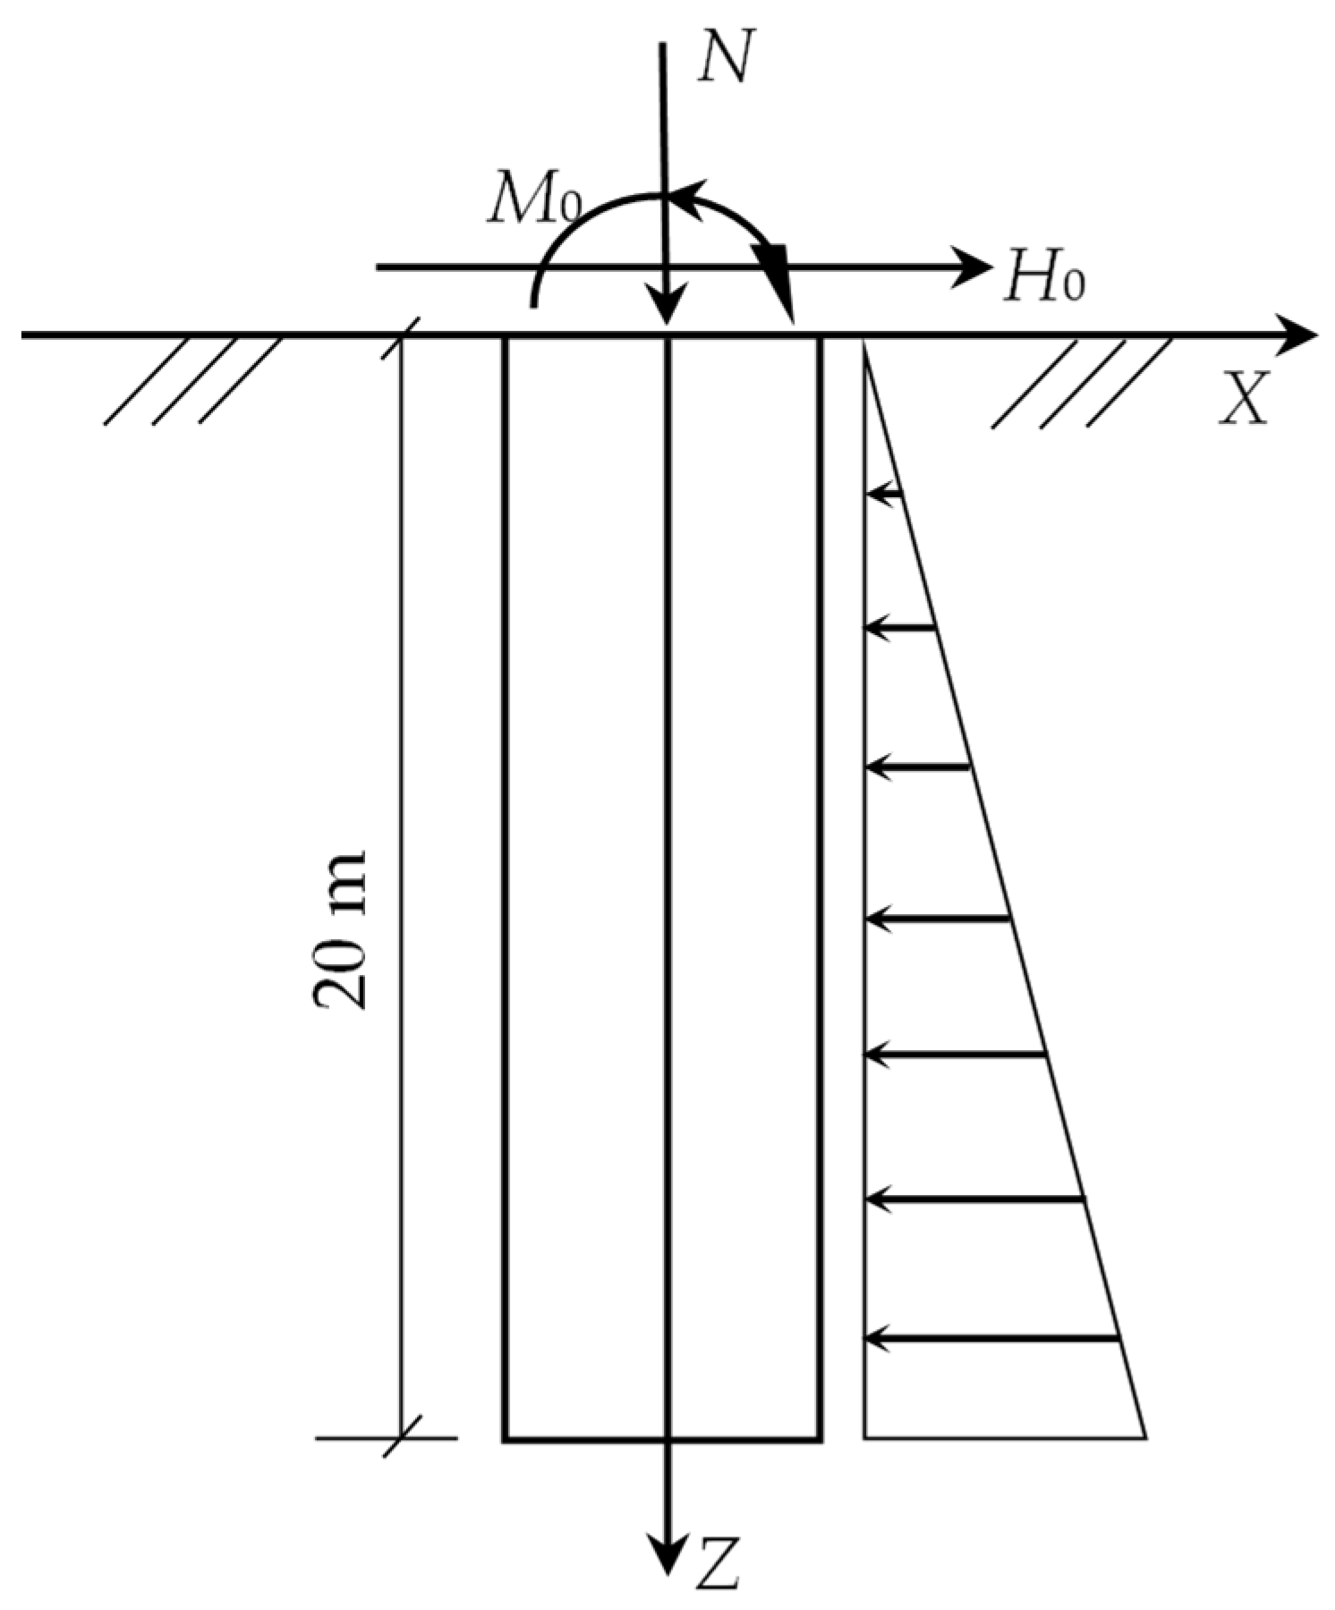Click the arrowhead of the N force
pyautogui.click(x=665, y=309)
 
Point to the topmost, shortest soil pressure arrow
pyautogui.click(x=885, y=493)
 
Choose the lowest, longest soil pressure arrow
pyautogui.click(x=992, y=1338)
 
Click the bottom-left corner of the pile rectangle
pyautogui.click(x=506, y=1439)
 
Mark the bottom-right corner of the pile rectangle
pyautogui.click(x=820, y=1439)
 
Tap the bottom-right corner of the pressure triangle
pyautogui.click(x=1145, y=1437)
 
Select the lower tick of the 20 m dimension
pyautogui.click(x=399, y=1438)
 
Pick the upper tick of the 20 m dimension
pyautogui.click(x=399, y=337)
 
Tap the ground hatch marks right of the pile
pyautogui.click(x=1082, y=381)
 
